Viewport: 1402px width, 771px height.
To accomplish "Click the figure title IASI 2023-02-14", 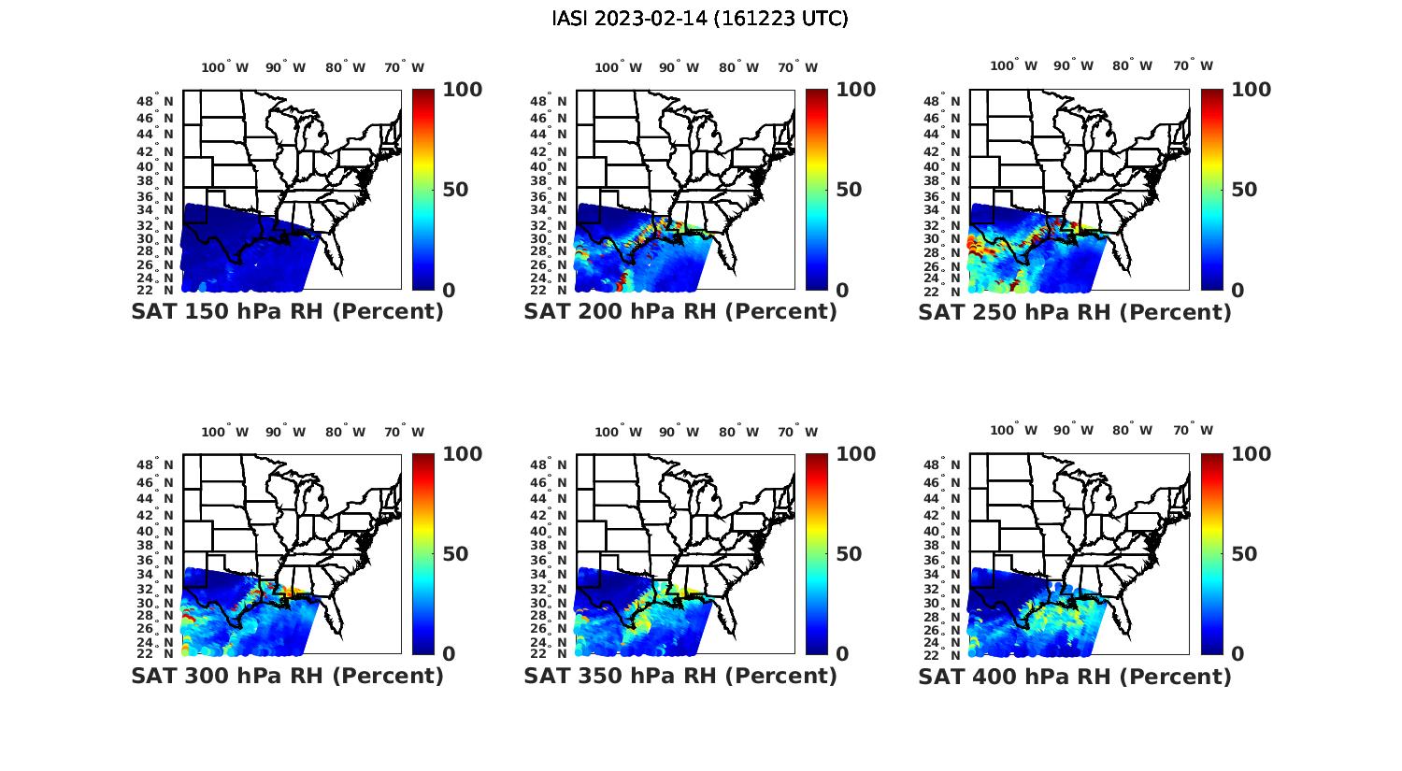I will pyautogui.click(x=700, y=19).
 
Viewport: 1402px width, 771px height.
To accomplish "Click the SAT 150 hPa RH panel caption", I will pyautogui.click(x=287, y=312).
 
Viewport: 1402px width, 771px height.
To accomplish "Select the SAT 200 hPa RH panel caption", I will pyautogui.click(x=680, y=312).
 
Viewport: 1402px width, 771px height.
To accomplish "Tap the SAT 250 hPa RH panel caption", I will pyautogui.click(x=1075, y=312).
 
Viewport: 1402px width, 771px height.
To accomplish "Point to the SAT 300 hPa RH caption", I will pyautogui.click(x=287, y=676).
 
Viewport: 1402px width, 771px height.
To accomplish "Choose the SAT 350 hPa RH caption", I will pyautogui.click(x=680, y=676).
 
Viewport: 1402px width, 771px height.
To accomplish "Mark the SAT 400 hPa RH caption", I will pyautogui.click(x=1075, y=676).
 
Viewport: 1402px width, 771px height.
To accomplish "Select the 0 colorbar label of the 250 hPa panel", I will pyautogui.click(x=1237, y=291).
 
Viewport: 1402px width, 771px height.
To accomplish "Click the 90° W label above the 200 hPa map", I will pyautogui.click(x=679, y=67).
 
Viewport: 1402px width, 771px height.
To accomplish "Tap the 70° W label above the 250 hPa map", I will pyautogui.click(x=1193, y=65).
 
